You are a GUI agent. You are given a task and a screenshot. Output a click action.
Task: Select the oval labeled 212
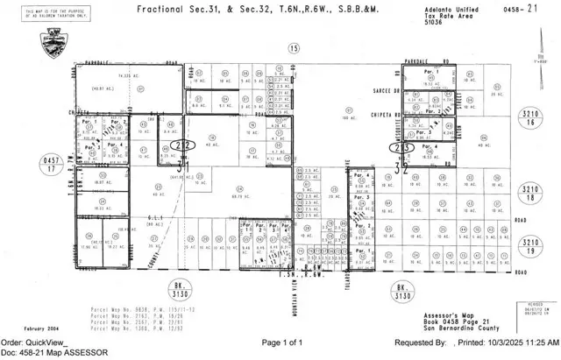pos(181,146)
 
